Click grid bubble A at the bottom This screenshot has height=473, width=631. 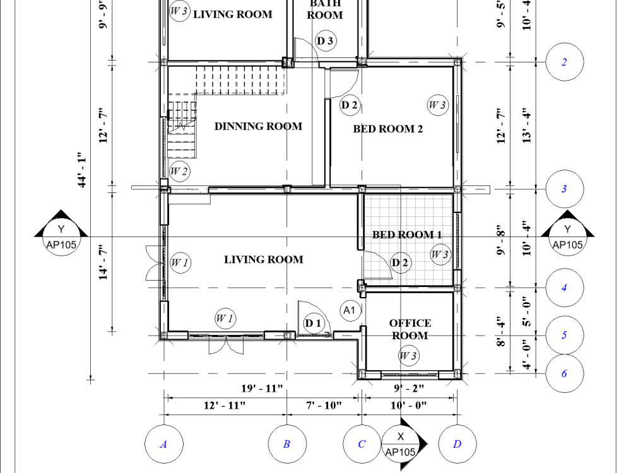point(163,444)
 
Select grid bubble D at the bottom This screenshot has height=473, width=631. point(457,444)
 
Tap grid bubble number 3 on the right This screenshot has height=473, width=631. point(564,189)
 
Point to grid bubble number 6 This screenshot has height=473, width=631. point(564,373)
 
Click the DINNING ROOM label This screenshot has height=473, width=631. point(258,126)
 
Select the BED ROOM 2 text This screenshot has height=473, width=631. point(387,129)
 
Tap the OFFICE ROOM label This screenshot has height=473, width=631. point(410,329)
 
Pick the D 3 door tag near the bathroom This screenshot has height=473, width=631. point(326,42)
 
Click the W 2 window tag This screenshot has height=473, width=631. point(179,171)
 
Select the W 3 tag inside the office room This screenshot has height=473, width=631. point(408,356)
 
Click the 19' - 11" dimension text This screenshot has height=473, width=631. point(262,388)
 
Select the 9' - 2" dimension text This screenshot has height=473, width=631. point(409,388)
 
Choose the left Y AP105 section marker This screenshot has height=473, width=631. point(61,236)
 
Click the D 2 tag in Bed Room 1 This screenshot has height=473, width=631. point(400,262)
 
